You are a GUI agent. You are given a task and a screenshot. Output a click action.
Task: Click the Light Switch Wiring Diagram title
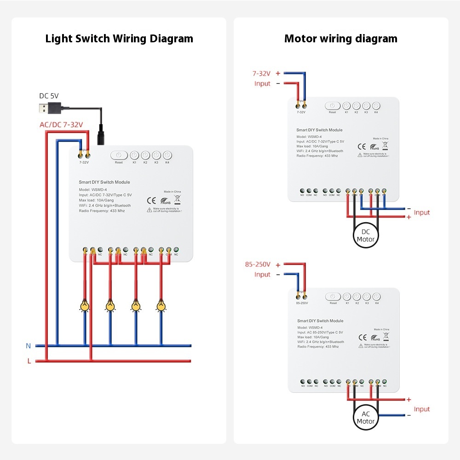[119, 39]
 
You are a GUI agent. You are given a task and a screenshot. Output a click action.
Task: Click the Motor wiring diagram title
[340, 39]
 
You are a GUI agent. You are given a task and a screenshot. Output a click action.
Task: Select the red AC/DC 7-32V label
[61, 125]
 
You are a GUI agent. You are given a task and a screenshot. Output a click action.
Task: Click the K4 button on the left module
[167, 155]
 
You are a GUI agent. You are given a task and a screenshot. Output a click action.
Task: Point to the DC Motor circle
[366, 236]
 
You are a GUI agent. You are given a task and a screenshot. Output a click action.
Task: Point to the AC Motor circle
[366, 418]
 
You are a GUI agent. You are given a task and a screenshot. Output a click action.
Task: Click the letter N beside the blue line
[29, 345]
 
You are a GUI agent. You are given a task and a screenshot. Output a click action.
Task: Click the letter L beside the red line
[29, 361]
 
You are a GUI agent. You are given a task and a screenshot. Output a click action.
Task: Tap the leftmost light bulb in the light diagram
[84, 305]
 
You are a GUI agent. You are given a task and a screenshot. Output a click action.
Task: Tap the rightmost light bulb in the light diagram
[161, 305]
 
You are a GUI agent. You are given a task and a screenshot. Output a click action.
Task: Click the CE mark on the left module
[150, 200]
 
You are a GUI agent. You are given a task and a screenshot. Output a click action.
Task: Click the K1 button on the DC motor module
[346, 106]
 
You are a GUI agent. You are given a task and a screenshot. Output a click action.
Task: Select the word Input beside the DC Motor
[421, 213]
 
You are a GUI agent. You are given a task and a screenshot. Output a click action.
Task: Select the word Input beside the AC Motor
[421, 409]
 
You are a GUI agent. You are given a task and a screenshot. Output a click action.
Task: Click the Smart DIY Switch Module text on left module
[104, 183]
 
